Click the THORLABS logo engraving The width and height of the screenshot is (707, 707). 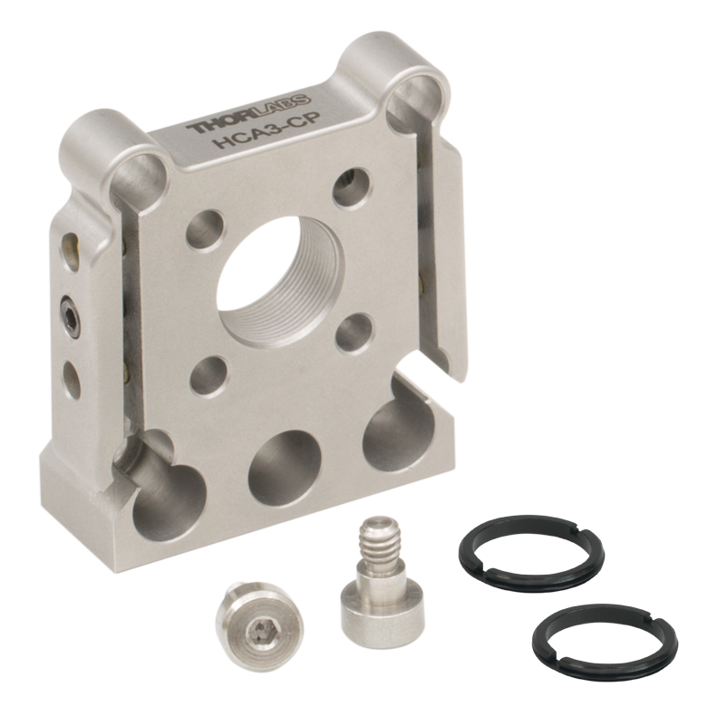tap(248, 113)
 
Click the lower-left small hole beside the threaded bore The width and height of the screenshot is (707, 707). tap(209, 377)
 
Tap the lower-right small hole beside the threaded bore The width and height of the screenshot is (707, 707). tap(355, 334)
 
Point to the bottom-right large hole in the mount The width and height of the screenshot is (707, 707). tap(398, 429)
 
